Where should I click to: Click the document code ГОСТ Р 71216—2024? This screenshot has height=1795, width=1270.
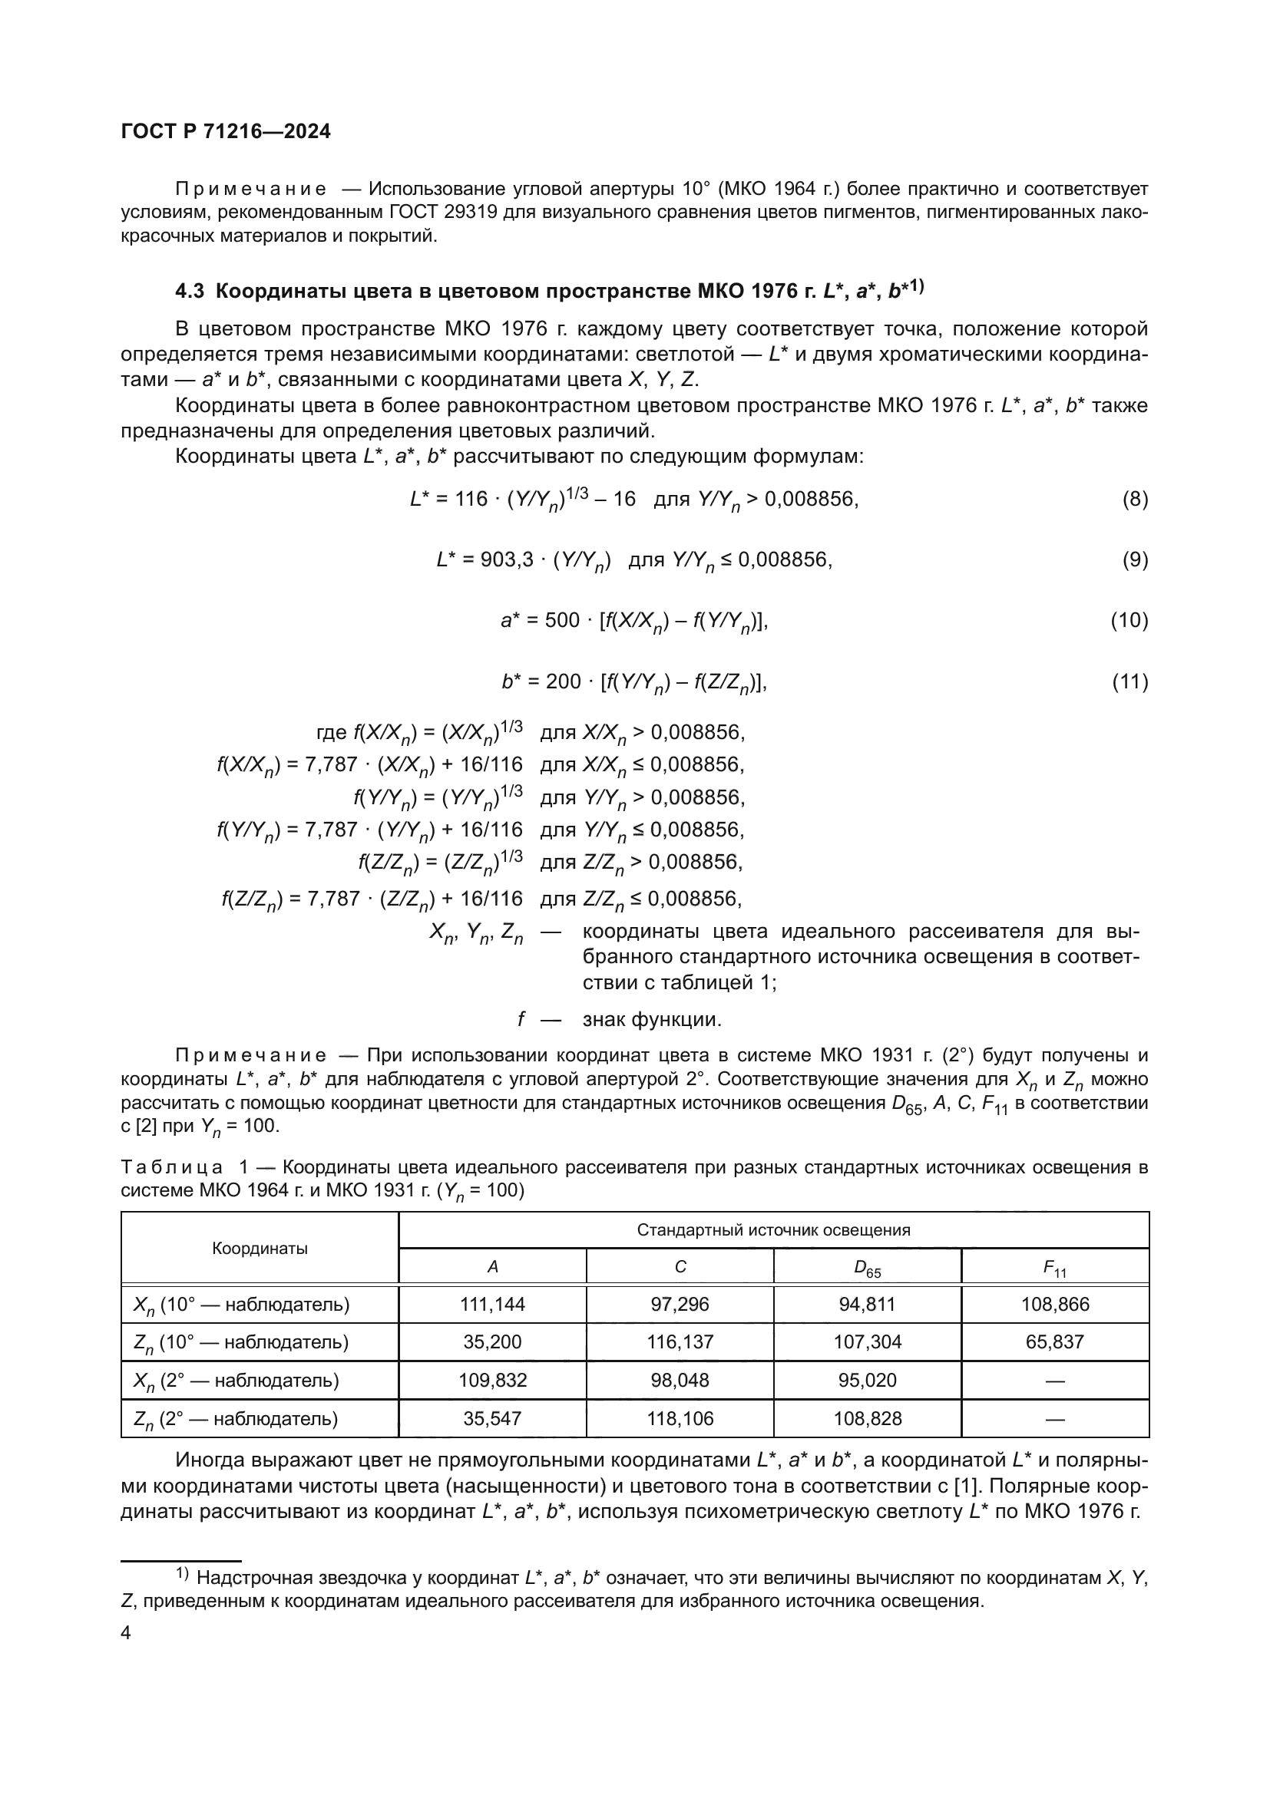(x=226, y=131)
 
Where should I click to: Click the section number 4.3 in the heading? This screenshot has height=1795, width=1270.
(x=189, y=292)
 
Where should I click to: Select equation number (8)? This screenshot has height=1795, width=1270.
(x=1135, y=499)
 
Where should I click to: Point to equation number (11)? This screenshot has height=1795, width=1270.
(x=1129, y=681)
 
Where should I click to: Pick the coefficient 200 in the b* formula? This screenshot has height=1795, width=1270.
(x=563, y=681)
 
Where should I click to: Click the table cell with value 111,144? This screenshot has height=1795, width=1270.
(x=492, y=1304)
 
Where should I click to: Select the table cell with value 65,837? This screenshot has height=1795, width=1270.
(x=1054, y=1341)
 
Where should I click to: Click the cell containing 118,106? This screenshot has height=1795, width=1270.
(x=680, y=1418)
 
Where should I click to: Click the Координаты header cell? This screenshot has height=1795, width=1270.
(x=260, y=1249)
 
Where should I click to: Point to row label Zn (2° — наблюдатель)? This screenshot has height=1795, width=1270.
(x=236, y=1419)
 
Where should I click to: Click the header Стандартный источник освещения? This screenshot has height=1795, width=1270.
(x=772, y=1229)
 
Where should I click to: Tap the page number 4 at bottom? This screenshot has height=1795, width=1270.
(x=126, y=1633)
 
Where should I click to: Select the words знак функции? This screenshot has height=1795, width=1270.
(x=651, y=1019)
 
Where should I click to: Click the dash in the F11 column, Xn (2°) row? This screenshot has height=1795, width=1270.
(x=1054, y=1381)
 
